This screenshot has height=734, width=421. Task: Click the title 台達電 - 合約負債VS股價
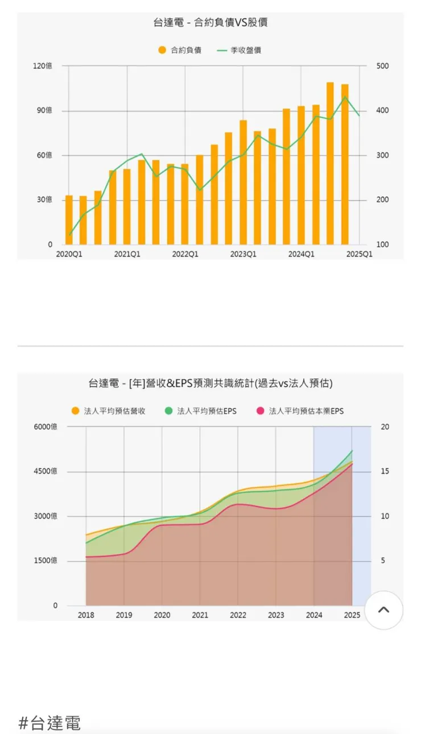click(x=210, y=23)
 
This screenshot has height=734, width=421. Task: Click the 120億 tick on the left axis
click(x=43, y=66)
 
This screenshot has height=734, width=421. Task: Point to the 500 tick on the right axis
click(x=383, y=66)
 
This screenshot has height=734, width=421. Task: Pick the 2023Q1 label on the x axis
click(x=243, y=254)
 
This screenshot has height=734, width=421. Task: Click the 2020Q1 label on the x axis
click(x=69, y=254)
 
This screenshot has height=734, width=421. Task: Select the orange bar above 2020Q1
click(x=69, y=220)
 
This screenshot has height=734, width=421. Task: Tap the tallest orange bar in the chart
click(x=330, y=164)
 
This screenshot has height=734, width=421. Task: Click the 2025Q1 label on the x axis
click(x=360, y=254)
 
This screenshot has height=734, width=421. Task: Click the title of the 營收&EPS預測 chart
click(x=210, y=384)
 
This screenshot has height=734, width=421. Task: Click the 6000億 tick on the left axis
click(x=46, y=427)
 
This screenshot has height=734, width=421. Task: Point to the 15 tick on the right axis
click(x=385, y=471)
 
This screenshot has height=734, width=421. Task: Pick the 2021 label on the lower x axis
click(x=200, y=615)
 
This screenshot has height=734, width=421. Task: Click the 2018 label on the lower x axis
click(x=86, y=615)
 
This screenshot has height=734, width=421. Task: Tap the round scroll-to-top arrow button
click(x=383, y=610)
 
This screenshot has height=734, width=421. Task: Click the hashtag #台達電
click(x=49, y=723)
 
